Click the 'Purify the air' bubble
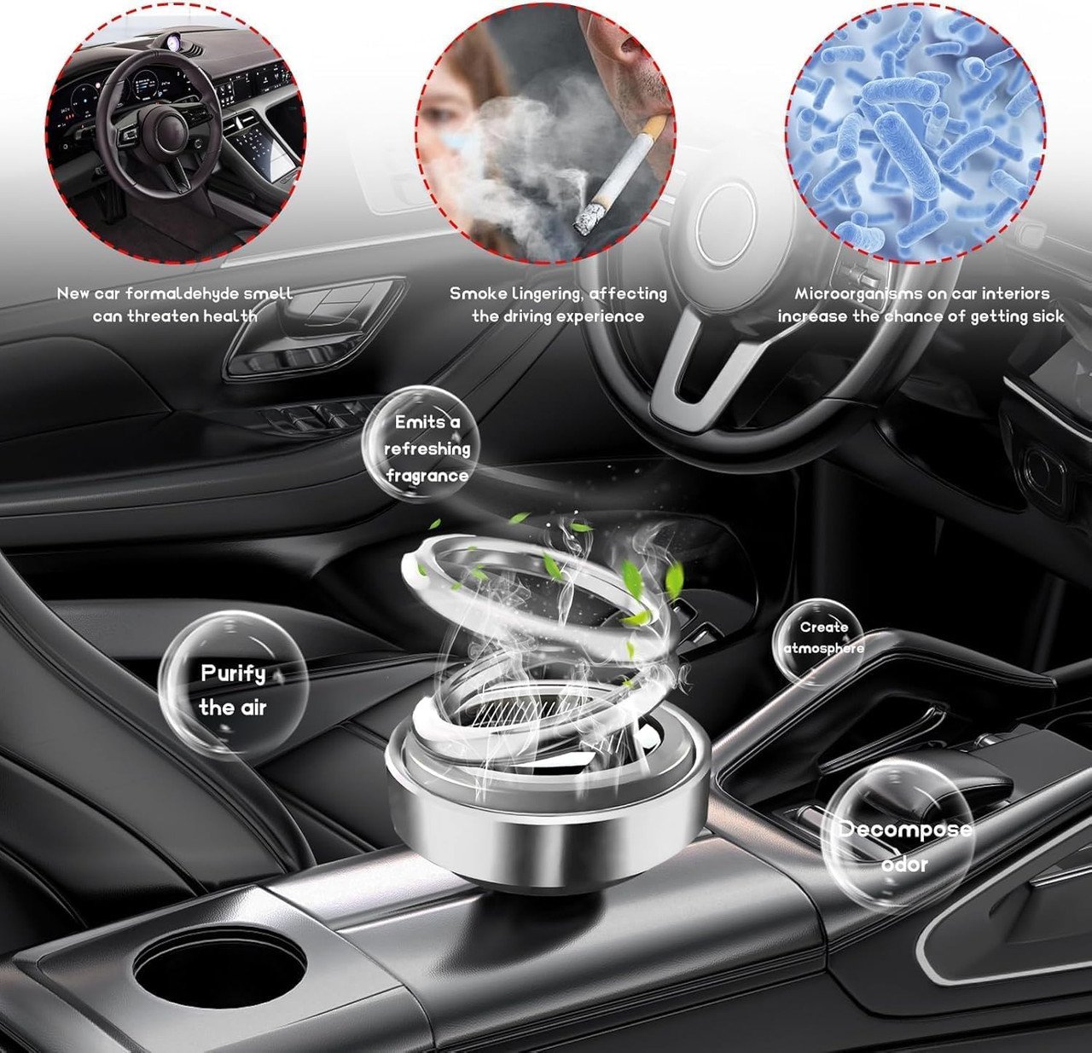click(x=233, y=691)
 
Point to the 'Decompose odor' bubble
click(x=897, y=845)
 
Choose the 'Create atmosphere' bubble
click(x=817, y=638)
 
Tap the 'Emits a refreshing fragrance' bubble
click(x=421, y=445)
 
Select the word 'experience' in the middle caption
click(x=601, y=317)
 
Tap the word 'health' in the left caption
click(x=230, y=316)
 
